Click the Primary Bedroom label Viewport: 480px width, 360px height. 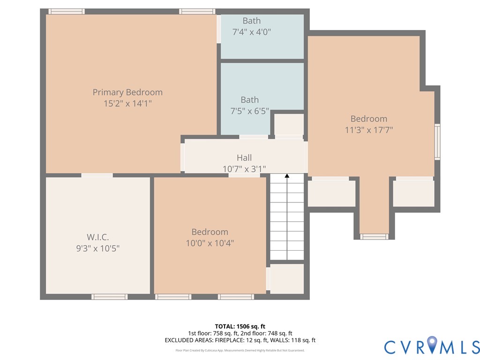pos(127,92)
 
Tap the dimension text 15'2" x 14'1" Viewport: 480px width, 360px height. pos(127,104)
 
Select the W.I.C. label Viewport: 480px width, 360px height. pos(97,237)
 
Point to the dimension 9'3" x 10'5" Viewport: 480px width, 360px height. pos(97,248)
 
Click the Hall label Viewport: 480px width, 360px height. pos(244,158)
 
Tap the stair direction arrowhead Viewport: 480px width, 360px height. pos(287,176)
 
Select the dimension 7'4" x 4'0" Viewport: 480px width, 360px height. pos(252,32)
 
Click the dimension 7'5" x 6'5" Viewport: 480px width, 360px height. pos(250,111)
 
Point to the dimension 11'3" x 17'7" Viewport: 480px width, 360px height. pos(369,130)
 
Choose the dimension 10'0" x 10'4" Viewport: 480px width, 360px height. pos(210,243)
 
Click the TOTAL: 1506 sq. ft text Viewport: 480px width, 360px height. pos(240,326)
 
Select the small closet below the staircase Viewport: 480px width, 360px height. pos(287,278)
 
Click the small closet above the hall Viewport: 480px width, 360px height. pos(289,124)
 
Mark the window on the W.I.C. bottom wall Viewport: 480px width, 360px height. pos(109,296)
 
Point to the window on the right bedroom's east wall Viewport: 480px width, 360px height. pos(437,141)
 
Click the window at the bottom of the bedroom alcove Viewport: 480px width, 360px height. pos(374,237)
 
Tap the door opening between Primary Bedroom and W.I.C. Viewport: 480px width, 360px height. pos(97,175)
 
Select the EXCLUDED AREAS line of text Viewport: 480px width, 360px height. pos(240,340)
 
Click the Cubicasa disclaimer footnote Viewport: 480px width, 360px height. pos(240,350)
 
